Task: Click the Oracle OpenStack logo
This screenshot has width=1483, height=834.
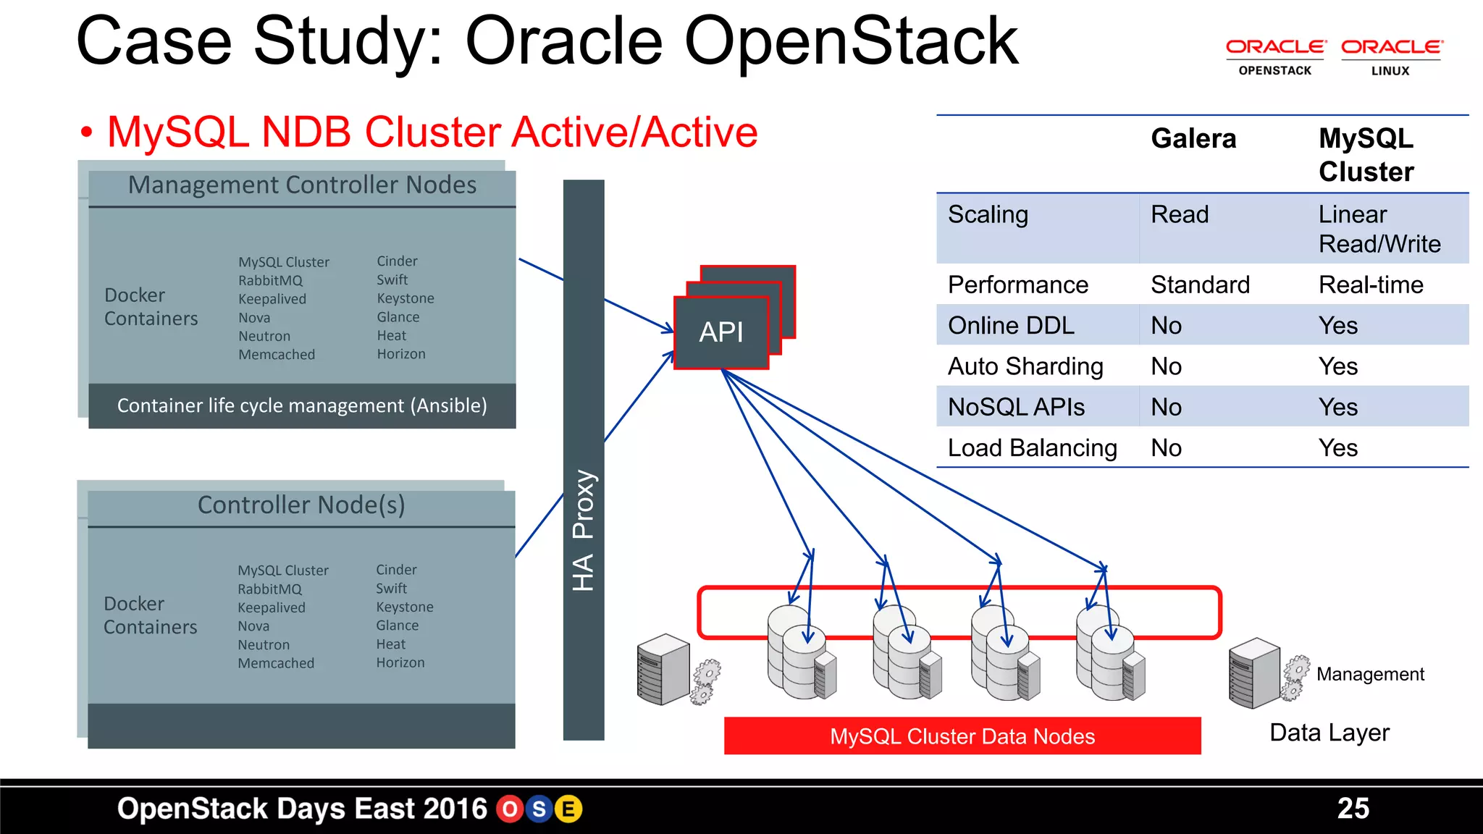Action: tap(1275, 57)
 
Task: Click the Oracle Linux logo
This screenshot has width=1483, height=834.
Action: tap(1391, 57)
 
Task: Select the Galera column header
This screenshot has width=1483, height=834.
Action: tap(1193, 138)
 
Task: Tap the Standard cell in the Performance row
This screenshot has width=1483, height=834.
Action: tap(1200, 285)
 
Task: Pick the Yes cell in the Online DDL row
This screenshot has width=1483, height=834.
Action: tap(1337, 325)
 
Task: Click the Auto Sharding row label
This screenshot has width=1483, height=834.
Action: tap(1025, 366)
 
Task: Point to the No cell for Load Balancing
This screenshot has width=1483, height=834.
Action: tap(1166, 448)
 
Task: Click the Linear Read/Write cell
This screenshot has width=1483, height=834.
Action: tap(1379, 229)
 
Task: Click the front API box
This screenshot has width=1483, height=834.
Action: tap(721, 332)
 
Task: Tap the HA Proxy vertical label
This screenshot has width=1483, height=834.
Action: tap(584, 530)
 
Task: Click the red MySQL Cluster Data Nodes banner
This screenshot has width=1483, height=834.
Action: tap(962, 736)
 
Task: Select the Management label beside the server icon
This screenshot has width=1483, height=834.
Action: tap(1370, 674)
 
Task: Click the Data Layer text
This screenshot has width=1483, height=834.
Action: tap(1329, 733)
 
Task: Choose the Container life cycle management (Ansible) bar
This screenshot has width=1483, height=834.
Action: tap(302, 405)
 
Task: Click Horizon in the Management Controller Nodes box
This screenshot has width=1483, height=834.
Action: tap(401, 354)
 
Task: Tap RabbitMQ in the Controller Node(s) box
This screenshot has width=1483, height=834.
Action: tap(269, 589)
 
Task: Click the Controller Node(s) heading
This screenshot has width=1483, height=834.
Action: tap(301, 505)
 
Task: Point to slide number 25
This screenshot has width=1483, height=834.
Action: tap(1353, 808)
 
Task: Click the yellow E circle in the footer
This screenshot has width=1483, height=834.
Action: tap(568, 809)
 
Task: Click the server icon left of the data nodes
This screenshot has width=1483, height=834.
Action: tap(663, 669)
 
